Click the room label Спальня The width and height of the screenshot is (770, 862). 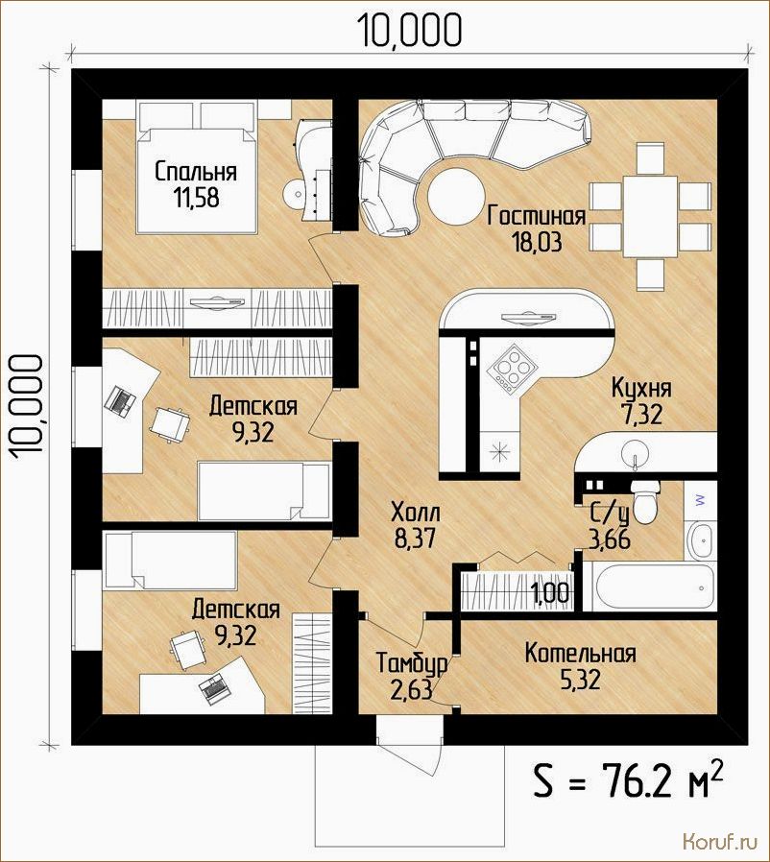[x=196, y=172]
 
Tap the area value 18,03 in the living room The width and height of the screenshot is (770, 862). [x=538, y=243]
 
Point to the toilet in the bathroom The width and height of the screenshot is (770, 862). [x=645, y=501]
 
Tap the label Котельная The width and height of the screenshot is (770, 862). [x=580, y=654]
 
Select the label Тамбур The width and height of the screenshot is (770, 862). [x=411, y=663]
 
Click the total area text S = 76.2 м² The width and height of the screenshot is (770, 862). [x=628, y=779]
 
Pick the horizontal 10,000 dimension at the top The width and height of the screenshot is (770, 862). [x=410, y=30]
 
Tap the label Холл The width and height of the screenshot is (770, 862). [x=416, y=513]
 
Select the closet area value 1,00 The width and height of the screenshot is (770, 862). [x=550, y=593]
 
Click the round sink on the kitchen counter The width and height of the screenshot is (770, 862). [x=637, y=454]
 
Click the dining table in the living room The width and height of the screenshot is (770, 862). [x=650, y=217]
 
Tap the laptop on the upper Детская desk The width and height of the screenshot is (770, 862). [x=120, y=399]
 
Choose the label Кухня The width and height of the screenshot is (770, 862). [x=642, y=388]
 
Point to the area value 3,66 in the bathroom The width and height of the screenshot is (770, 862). [x=610, y=539]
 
